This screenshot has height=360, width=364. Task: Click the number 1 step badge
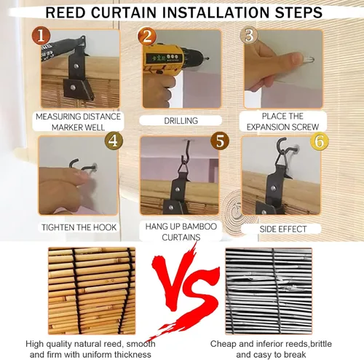tap(41, 36)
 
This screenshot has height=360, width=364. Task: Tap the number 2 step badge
tap(147, 36)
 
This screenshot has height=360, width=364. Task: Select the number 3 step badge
tap(249, 36)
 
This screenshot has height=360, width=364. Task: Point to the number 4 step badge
tap(114, 141)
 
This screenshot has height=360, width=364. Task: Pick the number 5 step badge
tap(220, 141)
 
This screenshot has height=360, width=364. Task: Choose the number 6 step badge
tap(320, 141)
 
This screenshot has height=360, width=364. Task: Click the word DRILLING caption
tap(181, 121)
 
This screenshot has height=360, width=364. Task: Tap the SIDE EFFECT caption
tap(283, 229)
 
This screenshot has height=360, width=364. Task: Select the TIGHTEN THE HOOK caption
tap(79, 227)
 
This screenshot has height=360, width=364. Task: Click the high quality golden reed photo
tap(92, 291)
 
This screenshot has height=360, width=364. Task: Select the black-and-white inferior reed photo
tap(269, 291)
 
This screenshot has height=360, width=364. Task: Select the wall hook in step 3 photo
tap(308, 59)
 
